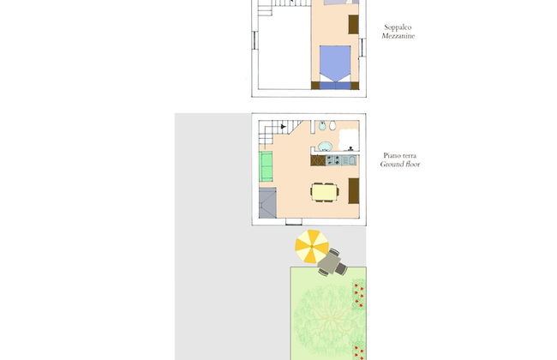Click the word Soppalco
[398, 27]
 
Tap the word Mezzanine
[398, 36]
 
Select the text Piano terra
[400, 156]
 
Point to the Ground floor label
[400, 165]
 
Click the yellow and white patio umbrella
[312, 246]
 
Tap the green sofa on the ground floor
[266, 166]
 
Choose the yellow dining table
[324, 192]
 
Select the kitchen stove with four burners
[333, 160]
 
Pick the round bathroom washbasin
[324, 146]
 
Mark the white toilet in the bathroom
[332, 125]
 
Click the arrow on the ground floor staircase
[283, 126]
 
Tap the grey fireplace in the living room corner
[267, 203]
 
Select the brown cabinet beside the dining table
[354, 191]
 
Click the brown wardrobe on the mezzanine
[353, 25]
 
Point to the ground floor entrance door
[294, 222]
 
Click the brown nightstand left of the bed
[315, 86]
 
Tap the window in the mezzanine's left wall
[255, 40]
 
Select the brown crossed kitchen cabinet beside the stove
[318, 160]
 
